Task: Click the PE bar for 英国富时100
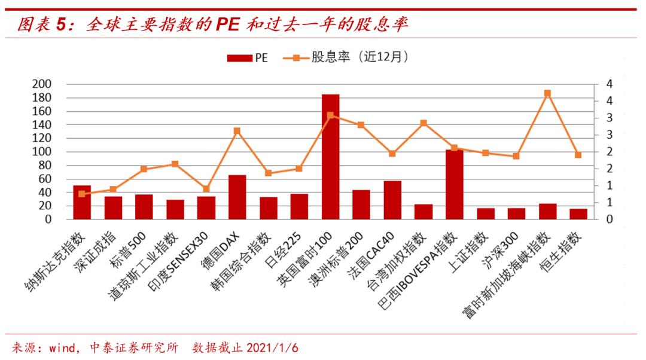click(x=330, y=157)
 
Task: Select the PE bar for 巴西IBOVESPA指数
click(x=454, y=184)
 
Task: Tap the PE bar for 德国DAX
click(x=237, y=197)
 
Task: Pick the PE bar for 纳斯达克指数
click(x=82, y=202)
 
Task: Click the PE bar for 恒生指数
click(x=578, y=213)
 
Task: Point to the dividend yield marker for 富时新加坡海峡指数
click(x=547, y=93)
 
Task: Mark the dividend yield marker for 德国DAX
click(x=237, y=131)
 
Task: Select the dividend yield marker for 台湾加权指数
click(x=423, y=123)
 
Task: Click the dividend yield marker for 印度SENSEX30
click(x=206, y=189)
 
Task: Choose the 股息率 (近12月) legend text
click(x=359, y=57)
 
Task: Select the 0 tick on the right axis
click(x=610, y=219)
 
